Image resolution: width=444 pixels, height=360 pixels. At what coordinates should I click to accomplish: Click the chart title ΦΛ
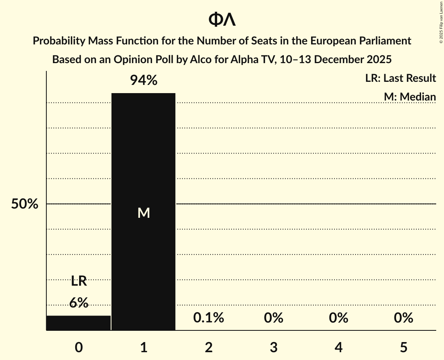tap(222, 20)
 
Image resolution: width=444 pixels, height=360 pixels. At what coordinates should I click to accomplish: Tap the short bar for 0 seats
tap(79, 323)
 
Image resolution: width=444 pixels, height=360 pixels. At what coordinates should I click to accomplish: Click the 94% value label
tap(143, 80)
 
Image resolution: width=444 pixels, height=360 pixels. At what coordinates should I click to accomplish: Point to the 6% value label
tap(79, 302)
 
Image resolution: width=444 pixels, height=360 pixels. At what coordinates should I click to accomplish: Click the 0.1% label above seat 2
tap(209, 318)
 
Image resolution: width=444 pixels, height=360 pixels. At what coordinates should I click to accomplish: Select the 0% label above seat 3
tap(273, 318)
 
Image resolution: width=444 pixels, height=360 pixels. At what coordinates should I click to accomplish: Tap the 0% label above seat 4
tap(338, 318)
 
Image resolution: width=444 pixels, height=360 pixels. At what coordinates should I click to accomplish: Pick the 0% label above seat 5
tap(403, 318)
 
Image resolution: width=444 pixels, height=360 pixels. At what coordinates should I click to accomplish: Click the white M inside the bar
tap(143, 213)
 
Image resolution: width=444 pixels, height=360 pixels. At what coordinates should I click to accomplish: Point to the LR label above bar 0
tap(79, 281)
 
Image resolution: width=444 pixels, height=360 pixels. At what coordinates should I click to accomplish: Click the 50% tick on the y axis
tap(25, 204)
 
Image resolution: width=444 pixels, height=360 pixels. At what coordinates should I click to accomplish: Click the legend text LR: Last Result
tap(400, 78)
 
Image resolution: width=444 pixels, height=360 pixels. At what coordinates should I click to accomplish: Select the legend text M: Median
tap(409, 97)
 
